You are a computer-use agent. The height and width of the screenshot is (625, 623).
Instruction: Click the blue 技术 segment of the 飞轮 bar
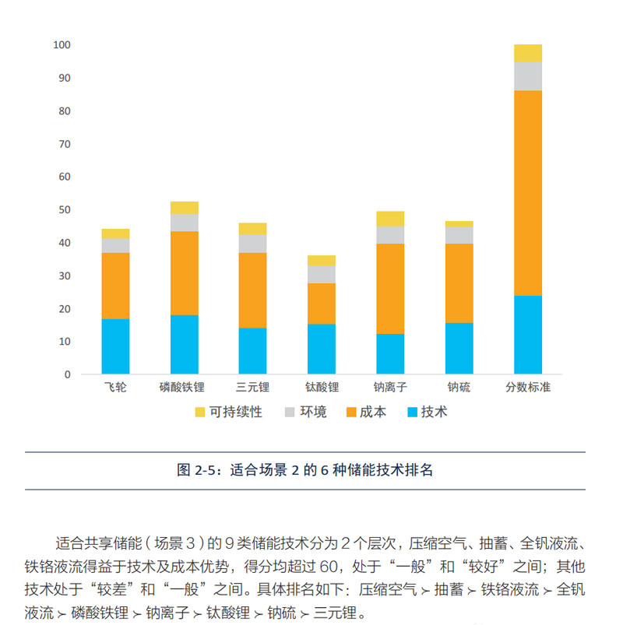tap(115, 346)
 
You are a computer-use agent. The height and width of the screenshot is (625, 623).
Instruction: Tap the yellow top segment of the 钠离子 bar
tap(390, 219)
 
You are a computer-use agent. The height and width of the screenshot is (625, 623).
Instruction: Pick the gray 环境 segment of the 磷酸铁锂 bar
tap(184, 223)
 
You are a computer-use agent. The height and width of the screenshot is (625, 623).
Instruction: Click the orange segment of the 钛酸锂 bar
tap(322, 304)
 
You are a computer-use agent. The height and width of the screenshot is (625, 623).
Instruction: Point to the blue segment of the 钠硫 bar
tap(459, 348)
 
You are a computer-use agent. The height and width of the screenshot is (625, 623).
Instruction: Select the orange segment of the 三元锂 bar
tap(252, 290)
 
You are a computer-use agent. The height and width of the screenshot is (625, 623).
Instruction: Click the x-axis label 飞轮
tap(115, 388)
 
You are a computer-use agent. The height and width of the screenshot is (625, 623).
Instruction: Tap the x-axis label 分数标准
tap(528, 388)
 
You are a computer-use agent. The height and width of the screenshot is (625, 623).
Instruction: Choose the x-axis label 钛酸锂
tap(322, 388)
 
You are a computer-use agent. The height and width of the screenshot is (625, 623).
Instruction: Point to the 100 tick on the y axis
tap(62, 45)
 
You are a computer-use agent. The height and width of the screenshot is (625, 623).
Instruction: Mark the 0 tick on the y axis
tap(67, 374)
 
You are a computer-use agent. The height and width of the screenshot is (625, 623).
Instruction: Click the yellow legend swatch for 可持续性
tap(199, 413)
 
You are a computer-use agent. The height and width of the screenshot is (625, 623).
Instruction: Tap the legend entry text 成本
tap(373, 413)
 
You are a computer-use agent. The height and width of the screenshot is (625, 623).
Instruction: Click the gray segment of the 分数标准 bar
tap(528, 75)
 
